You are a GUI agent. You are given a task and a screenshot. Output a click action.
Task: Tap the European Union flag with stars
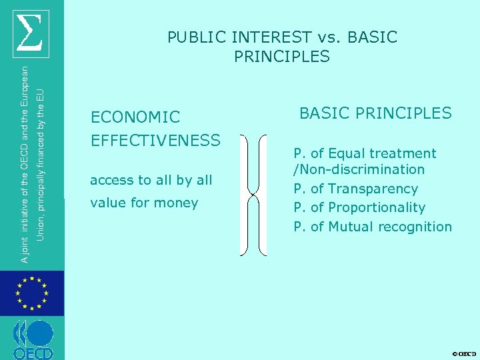[x=31, y=293]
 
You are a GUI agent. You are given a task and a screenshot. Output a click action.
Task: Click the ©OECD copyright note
[x=463, y=353]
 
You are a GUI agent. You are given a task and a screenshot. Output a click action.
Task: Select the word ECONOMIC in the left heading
[x=135, y=117]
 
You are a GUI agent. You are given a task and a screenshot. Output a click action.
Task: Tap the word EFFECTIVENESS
[x=155, y=140]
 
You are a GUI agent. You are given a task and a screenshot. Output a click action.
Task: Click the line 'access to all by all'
[x=151, y=180]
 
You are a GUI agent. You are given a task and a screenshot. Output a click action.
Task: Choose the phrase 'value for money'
[x=144, y=203]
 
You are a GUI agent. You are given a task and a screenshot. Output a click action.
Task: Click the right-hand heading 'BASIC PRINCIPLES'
[x=375, y=113]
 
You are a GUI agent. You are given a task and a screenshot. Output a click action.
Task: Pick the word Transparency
[x=373, y=189]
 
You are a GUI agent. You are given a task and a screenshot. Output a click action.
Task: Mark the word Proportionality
[x=377, y=207]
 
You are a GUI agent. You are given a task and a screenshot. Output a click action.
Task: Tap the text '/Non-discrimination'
[x=359, y=169]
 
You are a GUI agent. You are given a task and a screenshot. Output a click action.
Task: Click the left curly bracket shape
[x=245, y=195]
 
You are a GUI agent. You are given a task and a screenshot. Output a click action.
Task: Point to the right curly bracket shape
[x=261, y=195]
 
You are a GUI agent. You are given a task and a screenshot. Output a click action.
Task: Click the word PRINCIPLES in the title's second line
[x=282, y=57]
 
